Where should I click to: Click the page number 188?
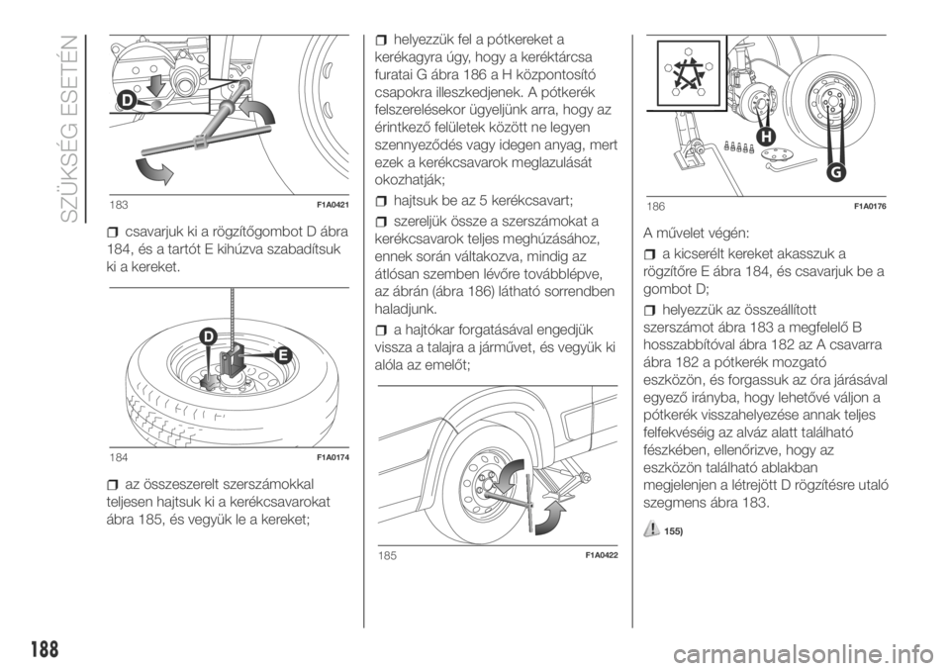tap(43, 649)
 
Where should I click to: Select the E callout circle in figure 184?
tap(282, 356)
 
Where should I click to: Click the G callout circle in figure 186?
tap(834, 173)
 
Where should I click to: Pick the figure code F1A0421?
tap(332, 206)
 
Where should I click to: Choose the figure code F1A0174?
tap(332, 457)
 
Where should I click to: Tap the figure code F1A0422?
tap(601, 555)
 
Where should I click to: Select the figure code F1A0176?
tap(870, 207)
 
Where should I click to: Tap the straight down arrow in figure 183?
tap(156, 84)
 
